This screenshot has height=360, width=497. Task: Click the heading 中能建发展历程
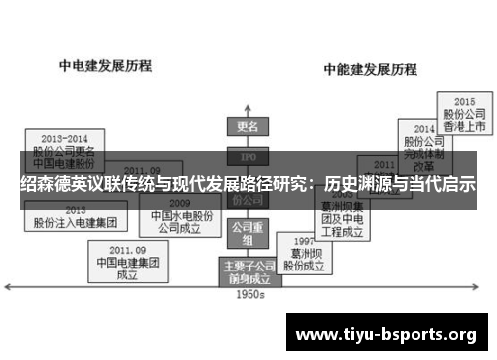tap(368, 70)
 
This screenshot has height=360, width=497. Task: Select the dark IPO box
tap(248, 156)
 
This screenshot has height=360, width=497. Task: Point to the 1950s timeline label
tap(248, 294)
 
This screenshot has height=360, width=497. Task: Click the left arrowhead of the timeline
tap(10, 286)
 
